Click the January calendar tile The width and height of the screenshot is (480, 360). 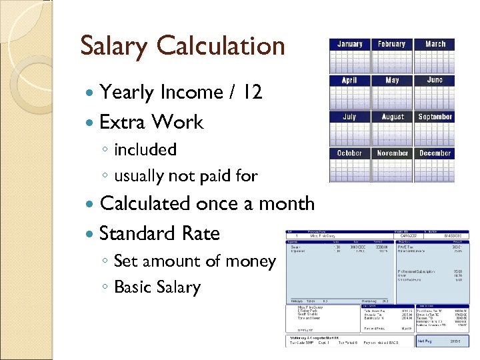tap(349, 55)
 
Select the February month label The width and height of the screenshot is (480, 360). tap(391, 44)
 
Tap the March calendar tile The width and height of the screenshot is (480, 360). tap(435, 55)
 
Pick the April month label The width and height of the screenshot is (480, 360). tap(349, 80)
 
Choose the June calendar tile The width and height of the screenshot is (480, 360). tap(435, 91)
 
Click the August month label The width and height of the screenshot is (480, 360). tap(392, 117)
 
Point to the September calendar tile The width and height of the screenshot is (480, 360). tap(435, 128)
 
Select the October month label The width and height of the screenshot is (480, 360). tap(349, 153)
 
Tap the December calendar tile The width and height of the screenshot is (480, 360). tap(435, 164)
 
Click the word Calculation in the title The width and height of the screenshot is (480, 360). tap(221, 47)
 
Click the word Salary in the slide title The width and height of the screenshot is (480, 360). tap(115, 47)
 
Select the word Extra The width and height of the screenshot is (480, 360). tap(122, 122)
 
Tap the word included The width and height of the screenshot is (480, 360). tap(145, 149)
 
